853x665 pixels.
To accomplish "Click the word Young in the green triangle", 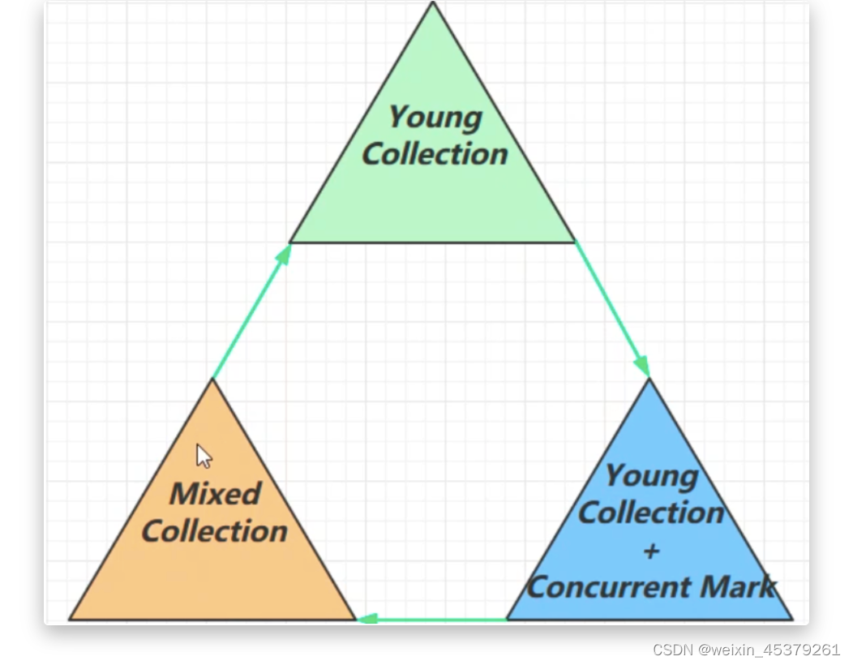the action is (x=435, y=117).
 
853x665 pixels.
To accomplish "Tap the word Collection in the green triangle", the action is (x=435, y=153).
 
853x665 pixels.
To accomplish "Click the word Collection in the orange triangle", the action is (x=214, y=531).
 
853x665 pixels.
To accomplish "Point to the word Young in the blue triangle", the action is (x=650, y=475).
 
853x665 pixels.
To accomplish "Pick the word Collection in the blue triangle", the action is (x=650, y=513).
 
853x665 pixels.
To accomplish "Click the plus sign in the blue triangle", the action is (x=650, y=551).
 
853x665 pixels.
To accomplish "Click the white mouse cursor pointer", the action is (x=204, y=456).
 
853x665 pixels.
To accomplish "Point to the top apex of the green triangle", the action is (x=433, y=4).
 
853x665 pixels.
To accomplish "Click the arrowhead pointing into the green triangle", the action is (x=284, y=254).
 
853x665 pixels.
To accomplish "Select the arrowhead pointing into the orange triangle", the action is (x=366, y=619).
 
